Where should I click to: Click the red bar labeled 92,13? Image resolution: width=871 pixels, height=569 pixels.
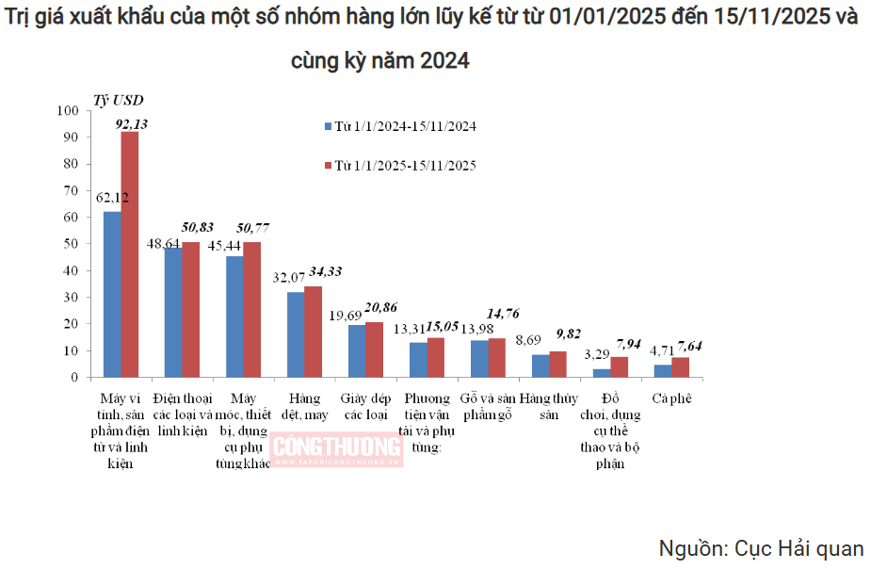coord(130,254)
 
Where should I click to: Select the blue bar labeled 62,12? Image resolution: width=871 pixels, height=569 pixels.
coord(112,294)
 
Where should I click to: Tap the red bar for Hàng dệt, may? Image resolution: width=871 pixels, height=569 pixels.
coord(314,332)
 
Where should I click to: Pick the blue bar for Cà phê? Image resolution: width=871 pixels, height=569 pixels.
coord(663,371)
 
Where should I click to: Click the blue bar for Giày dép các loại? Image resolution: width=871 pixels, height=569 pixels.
coord(357,351)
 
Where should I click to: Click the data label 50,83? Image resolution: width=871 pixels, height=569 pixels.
coord(197,227)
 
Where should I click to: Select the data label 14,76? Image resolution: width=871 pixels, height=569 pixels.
coord(502,313)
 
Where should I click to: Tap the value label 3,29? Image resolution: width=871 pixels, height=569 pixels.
coord(597,354)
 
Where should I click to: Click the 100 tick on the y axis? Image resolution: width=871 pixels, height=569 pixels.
coord(70,110)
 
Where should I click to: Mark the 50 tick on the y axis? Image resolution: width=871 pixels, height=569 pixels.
coord(73,244)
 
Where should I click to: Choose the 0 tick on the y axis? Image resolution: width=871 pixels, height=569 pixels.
coord(75,378)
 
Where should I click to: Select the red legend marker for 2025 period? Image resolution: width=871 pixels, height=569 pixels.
coord(328,166)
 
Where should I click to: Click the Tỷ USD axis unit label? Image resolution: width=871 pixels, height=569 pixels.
coord(118,100)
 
